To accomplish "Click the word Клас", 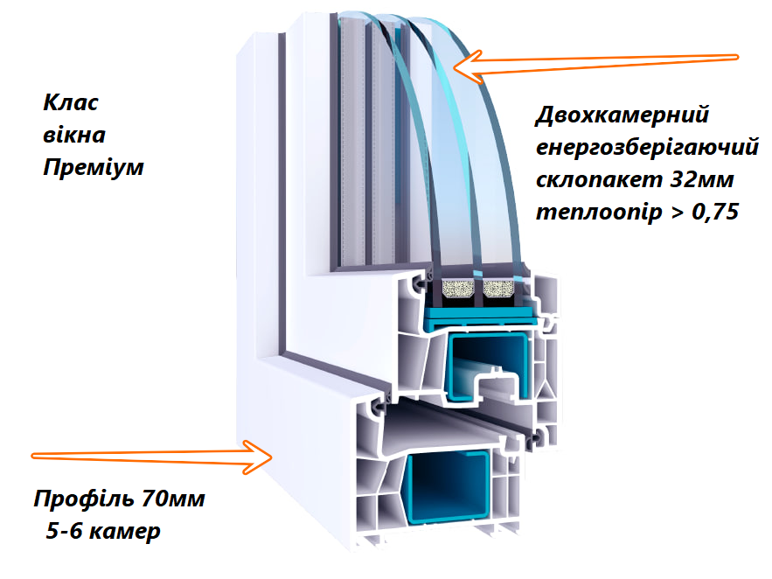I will point(70,103).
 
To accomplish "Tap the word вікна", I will point(73,136).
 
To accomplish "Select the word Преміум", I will point(93,167).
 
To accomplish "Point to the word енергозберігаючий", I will point(645,150).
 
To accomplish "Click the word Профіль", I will point(84,500).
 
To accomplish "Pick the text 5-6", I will point(62,531).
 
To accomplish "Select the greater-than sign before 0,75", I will point(678,213).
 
